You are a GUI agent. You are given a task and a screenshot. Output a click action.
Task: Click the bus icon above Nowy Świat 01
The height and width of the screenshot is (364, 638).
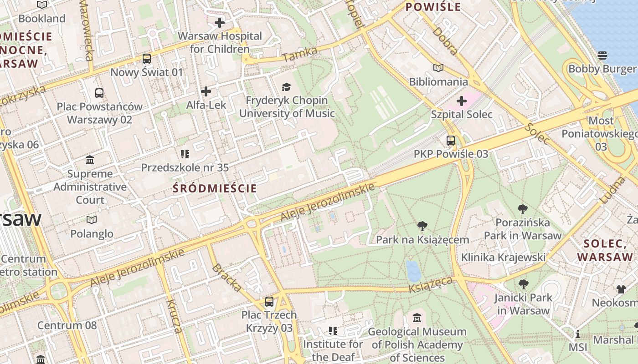146,59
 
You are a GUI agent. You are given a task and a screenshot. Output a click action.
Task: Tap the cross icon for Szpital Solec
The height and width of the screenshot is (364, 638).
462,101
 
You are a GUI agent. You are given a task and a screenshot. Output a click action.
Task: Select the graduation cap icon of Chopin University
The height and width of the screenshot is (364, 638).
286,87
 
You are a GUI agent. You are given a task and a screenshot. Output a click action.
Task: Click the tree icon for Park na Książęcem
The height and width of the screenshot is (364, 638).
422,226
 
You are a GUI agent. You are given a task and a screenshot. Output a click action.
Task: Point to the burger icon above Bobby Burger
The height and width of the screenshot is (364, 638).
602,56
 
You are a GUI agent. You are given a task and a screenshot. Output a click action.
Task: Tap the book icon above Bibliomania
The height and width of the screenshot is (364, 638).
438,68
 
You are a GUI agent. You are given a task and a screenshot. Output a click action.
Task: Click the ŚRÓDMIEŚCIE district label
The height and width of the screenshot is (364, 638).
215,188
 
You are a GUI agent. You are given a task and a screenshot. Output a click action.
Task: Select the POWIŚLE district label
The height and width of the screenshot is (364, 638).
433,7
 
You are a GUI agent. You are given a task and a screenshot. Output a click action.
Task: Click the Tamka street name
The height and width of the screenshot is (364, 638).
299,54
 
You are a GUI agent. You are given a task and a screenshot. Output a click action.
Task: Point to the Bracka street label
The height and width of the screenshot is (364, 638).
226,278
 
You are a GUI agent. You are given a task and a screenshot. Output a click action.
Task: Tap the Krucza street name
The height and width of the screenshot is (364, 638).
174,316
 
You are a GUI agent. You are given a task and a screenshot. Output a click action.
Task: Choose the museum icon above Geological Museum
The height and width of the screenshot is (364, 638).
417,318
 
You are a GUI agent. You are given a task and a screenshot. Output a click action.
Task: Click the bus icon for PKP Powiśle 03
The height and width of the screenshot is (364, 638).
451,141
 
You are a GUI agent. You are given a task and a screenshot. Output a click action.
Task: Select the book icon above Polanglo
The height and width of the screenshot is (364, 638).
92,220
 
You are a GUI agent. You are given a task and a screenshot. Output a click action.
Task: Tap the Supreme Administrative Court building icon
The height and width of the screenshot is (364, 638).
90,160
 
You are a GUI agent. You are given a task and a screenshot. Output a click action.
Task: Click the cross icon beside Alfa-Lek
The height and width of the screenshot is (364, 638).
206,92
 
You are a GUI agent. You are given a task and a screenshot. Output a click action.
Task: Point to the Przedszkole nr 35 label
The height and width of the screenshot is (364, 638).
185,167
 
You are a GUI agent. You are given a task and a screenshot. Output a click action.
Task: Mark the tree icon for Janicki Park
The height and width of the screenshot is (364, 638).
523,284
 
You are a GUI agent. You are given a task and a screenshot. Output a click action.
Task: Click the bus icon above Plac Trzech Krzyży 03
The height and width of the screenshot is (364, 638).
269,301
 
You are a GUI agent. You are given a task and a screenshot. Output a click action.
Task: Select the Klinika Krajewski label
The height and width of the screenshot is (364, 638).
503,257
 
